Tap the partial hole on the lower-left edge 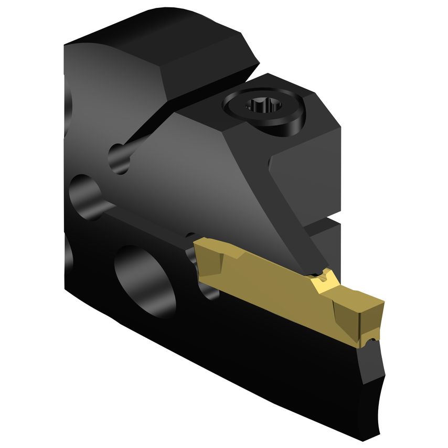(68, 252)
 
